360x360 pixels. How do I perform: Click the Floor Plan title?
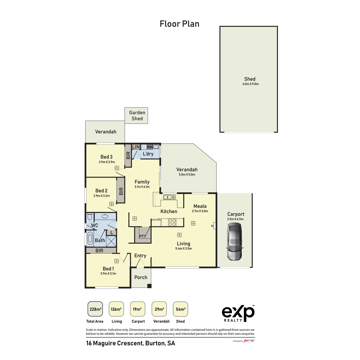click(x=179, y=24)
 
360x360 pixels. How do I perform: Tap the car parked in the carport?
click(x=235, y=242)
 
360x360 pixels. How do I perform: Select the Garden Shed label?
click(x=137, y=115)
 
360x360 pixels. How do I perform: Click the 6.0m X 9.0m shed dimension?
click(x=250, y=84)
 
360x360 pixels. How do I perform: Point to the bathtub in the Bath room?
click(x=90, y=239)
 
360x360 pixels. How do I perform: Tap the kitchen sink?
click(x=169, y=197)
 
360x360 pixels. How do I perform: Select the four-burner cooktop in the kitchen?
click(x=172, y=222)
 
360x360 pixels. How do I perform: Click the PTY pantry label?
click(x=142, y=236)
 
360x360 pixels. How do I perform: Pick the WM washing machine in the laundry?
click(x=149, y=147)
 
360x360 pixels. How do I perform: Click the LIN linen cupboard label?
click(x=136, y=147)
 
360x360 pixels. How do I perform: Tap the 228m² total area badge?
click(x=95, y=309)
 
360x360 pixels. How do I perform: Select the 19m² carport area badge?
click(x=138, y=309)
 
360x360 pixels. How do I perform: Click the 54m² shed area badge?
click(x=180, y=309)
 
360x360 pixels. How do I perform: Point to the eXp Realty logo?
click(x=238, y=313)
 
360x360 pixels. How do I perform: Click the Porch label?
click(x=141, y=277)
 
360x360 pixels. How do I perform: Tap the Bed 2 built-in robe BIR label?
click(x=121, y=191)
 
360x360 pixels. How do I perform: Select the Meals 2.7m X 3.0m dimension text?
click(x=200, y=211)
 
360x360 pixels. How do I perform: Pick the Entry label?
click(x=140, y=256)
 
